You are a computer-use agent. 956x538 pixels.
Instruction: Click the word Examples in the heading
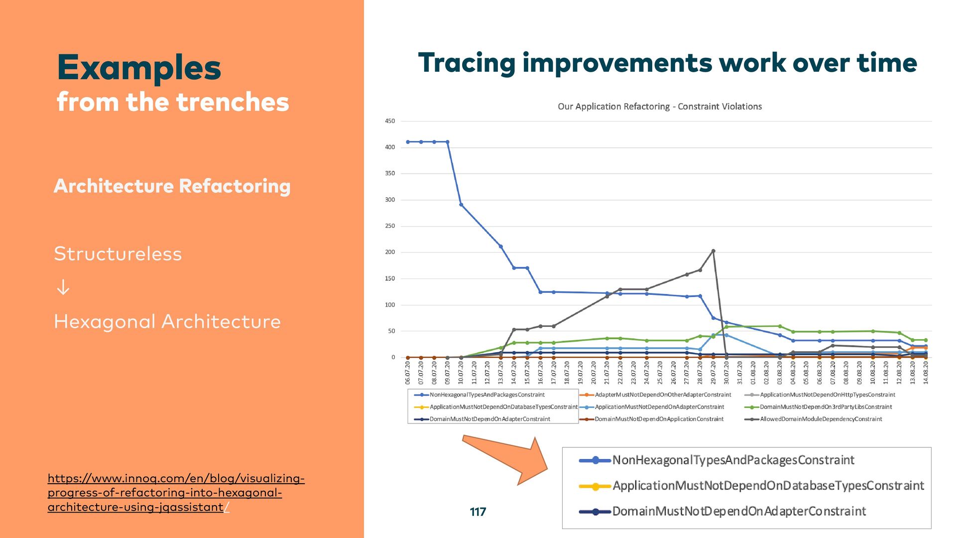[x=139, y=68]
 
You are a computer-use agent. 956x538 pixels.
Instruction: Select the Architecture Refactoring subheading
[x=172, y=186]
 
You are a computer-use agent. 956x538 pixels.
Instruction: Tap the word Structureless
[x=118, y=254]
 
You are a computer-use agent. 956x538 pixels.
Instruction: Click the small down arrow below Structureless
[x=63, y=287]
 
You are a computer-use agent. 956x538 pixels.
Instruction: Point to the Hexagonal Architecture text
[x=167, y=322]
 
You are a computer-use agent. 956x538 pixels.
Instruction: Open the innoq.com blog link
[x=176, y=492]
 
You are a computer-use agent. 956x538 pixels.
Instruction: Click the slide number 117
[x=478, y=512]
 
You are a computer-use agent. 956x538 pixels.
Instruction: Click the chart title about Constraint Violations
[x=659, y=107]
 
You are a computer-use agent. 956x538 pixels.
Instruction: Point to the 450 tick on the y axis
[x=390, y=121]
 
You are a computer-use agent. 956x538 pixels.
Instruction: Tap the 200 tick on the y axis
[x=390, y=252]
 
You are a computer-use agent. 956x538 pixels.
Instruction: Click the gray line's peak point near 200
[x=713, y=251]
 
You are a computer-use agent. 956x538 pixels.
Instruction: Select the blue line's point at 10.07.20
[x=461, y=205]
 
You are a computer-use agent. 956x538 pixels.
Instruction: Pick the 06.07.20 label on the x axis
[x=408, y=373]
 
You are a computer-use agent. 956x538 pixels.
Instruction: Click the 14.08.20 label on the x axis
[x=926, y=373]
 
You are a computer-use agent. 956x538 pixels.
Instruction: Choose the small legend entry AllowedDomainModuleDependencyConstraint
[x=821, y=419]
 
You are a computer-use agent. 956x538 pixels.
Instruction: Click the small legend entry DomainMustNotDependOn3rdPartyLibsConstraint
[x=826, y=407]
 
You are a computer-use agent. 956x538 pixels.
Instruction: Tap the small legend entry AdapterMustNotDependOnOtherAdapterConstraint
[x=663, y=395]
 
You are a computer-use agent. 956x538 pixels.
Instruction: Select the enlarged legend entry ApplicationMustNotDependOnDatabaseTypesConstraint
[x=768, y=486]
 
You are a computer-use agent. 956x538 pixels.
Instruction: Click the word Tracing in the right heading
[x=467, y=63]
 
